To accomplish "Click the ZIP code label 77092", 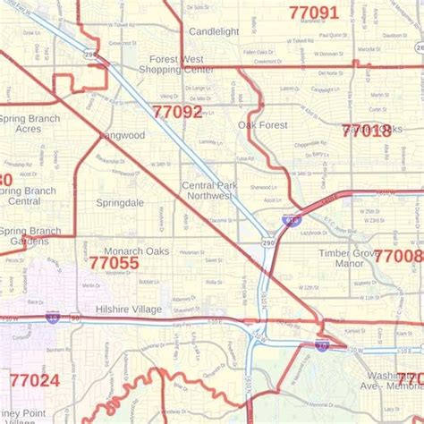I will (177, 113).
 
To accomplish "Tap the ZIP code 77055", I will (114, 263).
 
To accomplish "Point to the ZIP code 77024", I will (33, 380).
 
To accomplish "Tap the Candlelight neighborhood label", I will (214, 30).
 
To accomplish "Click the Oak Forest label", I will (263, 125).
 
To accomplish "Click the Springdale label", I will (120, 203).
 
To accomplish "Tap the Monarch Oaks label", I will (136, 251).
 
